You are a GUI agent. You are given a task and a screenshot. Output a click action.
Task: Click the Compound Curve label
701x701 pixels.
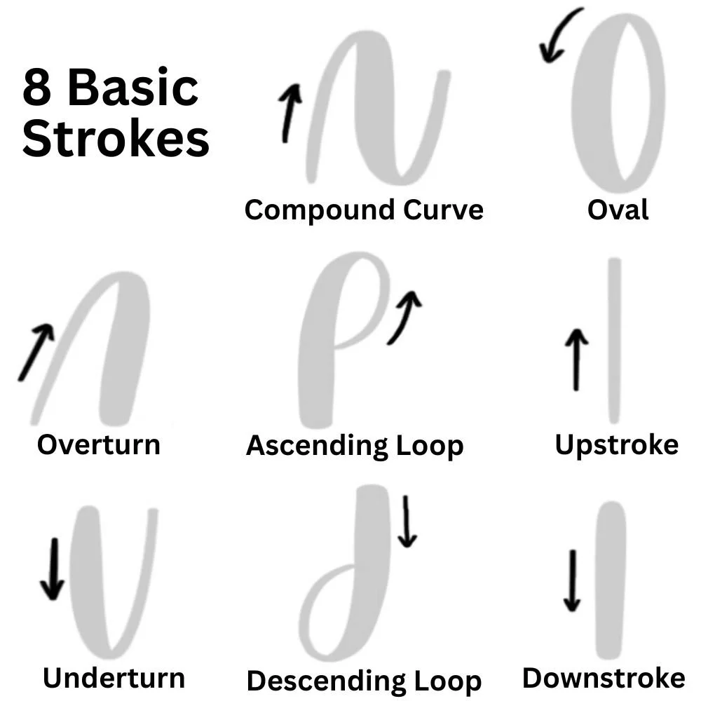pos(364,210)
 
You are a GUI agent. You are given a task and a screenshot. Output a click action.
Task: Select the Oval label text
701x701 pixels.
pos(618,210)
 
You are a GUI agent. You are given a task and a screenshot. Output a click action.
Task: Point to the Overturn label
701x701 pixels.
pos(98,444)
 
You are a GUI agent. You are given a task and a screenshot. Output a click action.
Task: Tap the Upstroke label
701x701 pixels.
pos(616,444)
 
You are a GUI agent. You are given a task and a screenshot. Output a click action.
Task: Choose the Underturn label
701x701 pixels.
pos(114,678)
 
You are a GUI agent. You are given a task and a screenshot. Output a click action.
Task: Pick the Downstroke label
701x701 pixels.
pos(604,678)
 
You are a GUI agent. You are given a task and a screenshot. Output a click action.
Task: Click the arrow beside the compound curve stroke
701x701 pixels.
pos(290,112)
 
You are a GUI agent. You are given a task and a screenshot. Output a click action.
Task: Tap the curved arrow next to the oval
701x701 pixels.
pos(559,36)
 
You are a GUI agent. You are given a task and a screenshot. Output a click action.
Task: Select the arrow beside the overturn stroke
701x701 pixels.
pos(36,353)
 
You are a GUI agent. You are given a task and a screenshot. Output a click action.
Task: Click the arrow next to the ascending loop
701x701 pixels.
pos(405,317)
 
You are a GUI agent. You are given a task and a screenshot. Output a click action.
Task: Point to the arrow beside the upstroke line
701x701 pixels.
pos(576,360)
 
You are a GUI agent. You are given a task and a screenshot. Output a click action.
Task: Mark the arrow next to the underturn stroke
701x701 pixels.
pos(52,569)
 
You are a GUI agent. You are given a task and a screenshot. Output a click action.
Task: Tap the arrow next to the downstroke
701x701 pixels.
pos(573,581)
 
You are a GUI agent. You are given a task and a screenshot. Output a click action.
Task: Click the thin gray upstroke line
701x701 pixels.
pos(614,341)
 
